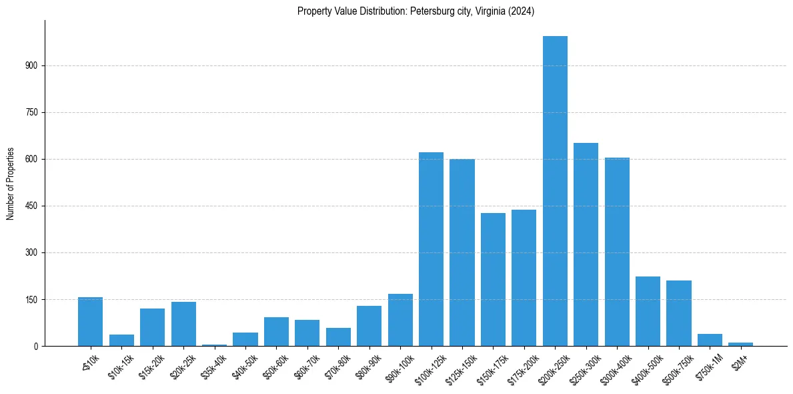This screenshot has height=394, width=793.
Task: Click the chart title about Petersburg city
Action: pyautogui.click(x=416, y=11)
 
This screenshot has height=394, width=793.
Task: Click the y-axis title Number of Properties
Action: pyautogui.click(x=11, y=184)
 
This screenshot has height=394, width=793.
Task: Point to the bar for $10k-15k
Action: pyautogui.click(x=121, y=341)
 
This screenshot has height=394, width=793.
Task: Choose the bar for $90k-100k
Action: pyautogui.click(x=400, y=320)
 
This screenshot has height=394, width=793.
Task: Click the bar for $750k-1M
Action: pyautogui.click(x=710, y=340)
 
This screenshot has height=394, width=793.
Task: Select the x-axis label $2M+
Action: pyautogui.click(x=740, y=361)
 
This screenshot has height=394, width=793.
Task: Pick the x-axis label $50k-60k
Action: pyautogui.click(x=275, y=365)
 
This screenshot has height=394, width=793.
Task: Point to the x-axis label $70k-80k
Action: pyautogui.click(x=337, y=365)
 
